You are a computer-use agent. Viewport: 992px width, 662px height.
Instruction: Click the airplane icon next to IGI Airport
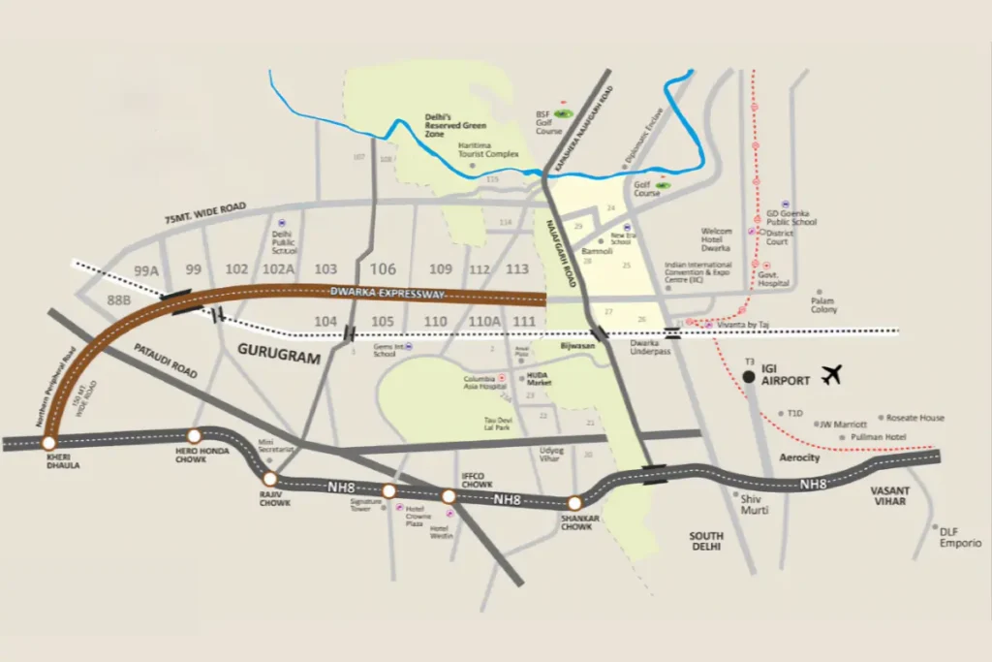(833, 375)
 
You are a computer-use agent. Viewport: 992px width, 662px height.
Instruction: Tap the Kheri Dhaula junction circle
(48, 443)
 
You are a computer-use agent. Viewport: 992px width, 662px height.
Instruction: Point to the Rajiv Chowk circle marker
(270, 479)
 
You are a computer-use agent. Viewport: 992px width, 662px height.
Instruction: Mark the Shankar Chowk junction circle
(574, 503)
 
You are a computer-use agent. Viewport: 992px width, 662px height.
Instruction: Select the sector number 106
(384, 269)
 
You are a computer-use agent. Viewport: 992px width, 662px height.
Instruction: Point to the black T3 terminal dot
(749, 377)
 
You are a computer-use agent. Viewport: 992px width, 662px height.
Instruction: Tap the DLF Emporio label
(960, 538)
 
